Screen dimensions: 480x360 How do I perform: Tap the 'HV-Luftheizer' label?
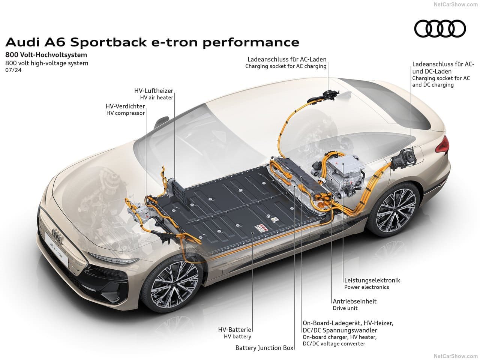(153, 90)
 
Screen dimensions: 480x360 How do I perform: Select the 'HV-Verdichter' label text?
(125, 106)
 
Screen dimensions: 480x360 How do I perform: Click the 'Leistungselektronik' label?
(372, 280)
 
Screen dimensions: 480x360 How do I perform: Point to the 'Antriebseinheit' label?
(354, 301)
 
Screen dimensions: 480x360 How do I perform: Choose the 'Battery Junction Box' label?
(264, 348)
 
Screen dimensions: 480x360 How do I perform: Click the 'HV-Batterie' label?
(234, 329)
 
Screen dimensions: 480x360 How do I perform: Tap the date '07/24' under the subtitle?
(13, 70)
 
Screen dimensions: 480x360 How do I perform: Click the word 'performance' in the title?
(251, 42)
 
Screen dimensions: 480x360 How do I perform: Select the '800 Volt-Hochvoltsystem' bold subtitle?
(46, 55)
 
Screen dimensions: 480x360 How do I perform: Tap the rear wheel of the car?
(394, 210)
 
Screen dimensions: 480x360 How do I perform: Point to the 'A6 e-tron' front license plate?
(56, 249)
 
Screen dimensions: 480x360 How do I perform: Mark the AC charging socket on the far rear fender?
(324, 96)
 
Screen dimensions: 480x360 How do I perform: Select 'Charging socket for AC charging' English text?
(286, 66)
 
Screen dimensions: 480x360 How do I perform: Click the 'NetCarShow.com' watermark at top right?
(456, 4)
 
